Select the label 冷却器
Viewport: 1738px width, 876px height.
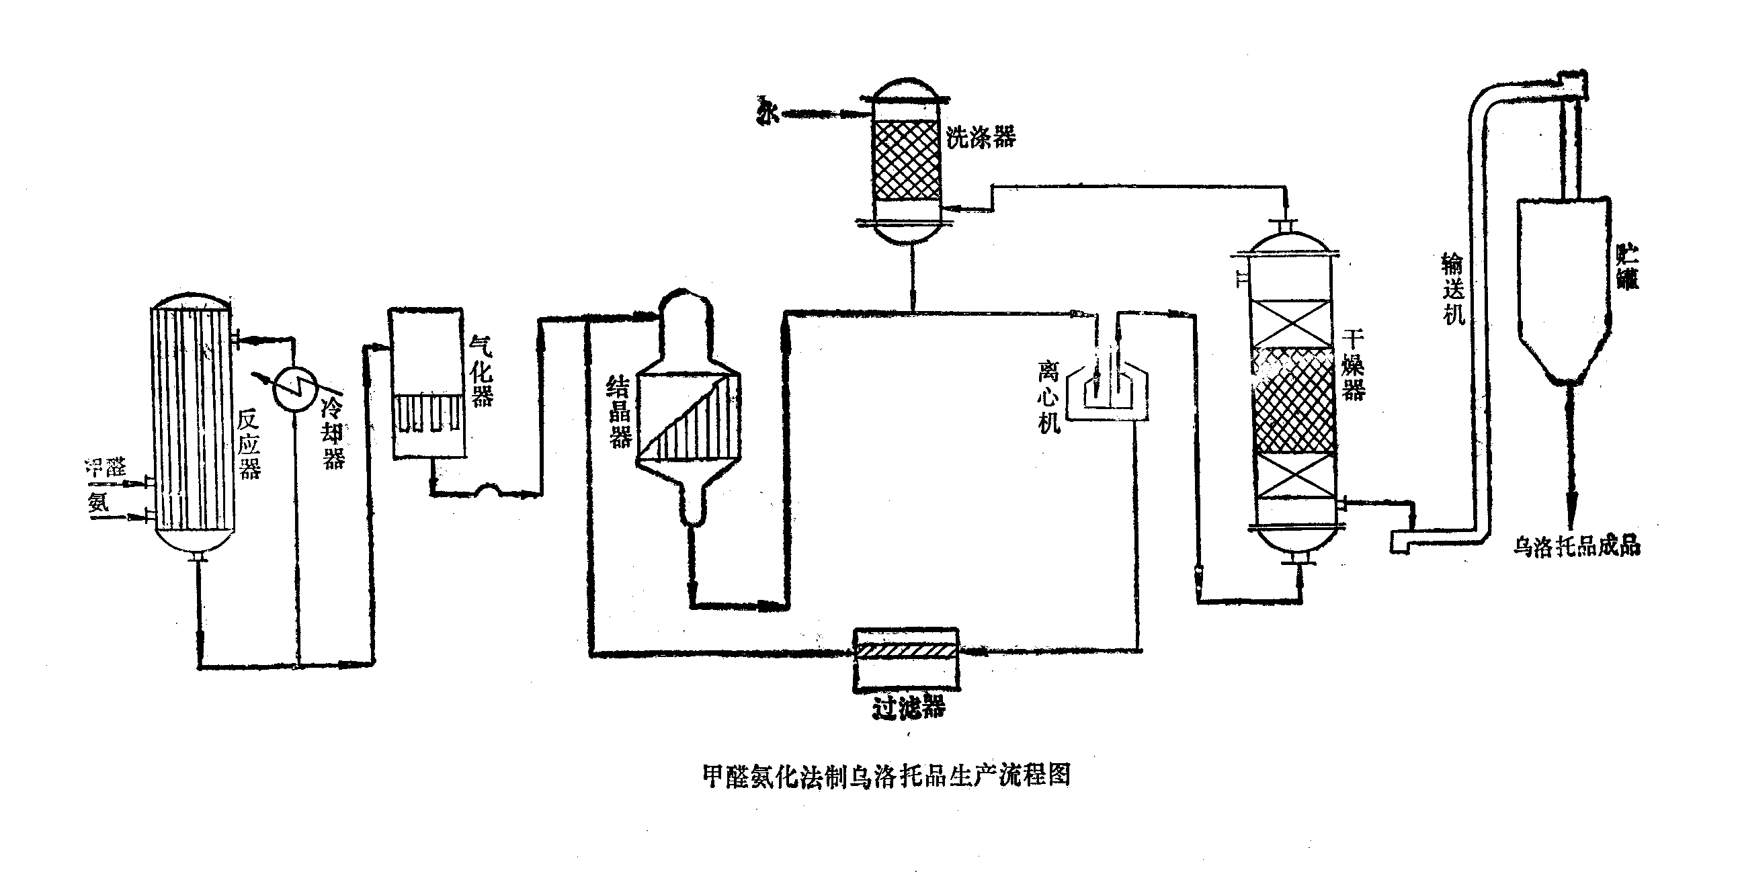point(333,433)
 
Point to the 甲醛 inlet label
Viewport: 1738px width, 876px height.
point(106,467)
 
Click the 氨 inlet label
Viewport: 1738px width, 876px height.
point(98,502)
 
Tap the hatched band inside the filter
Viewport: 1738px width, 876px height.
point(906,652)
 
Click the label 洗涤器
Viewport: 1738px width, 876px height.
point(981,137)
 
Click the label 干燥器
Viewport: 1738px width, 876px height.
point(1352,365)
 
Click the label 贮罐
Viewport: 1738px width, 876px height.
point(1627,267)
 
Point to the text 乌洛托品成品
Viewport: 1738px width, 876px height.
point(1576,545)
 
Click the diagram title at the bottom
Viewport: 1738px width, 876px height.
point(886,775)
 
